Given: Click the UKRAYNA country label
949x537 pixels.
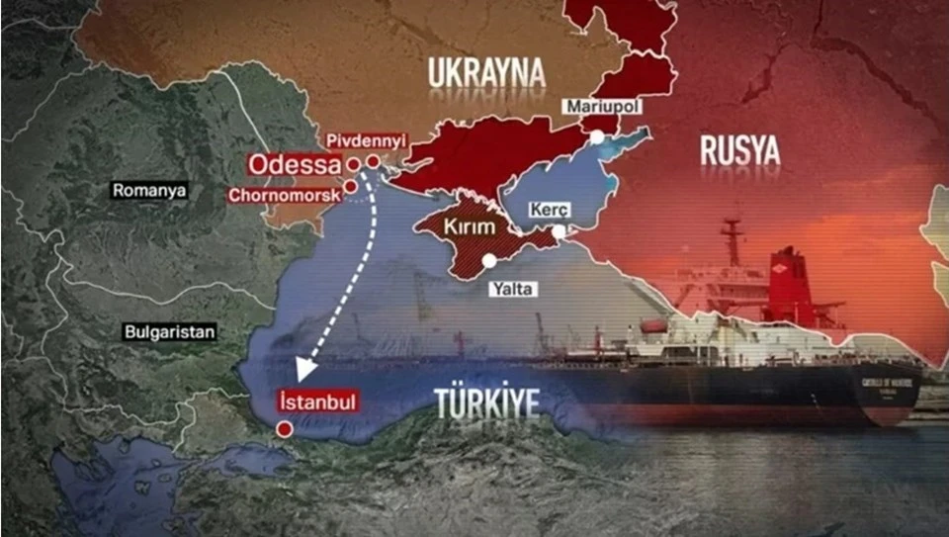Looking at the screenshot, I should [x=486, y=72].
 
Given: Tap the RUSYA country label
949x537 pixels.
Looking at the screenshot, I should [x=739, y=150].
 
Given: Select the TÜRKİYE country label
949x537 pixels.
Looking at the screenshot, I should [x=488, y=403].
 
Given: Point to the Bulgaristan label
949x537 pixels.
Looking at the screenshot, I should [x=170, y=332].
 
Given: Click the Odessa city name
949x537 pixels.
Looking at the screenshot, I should [x=290, y=163].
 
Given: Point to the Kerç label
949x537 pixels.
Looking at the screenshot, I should [x=553, y=211].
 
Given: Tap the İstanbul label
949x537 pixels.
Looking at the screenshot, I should [x=316, y=403].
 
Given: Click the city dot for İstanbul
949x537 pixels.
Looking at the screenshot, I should [x=285, y=429].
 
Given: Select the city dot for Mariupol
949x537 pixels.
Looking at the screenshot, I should [x=597, y=136].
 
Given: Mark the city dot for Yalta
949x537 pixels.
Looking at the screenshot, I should [x=490, y=261].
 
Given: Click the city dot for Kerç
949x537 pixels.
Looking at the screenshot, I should [x=559, y=231].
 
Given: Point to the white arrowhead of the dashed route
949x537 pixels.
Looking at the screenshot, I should [x=305, y=368].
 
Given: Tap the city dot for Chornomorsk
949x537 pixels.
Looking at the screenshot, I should [x=350, y=186].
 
